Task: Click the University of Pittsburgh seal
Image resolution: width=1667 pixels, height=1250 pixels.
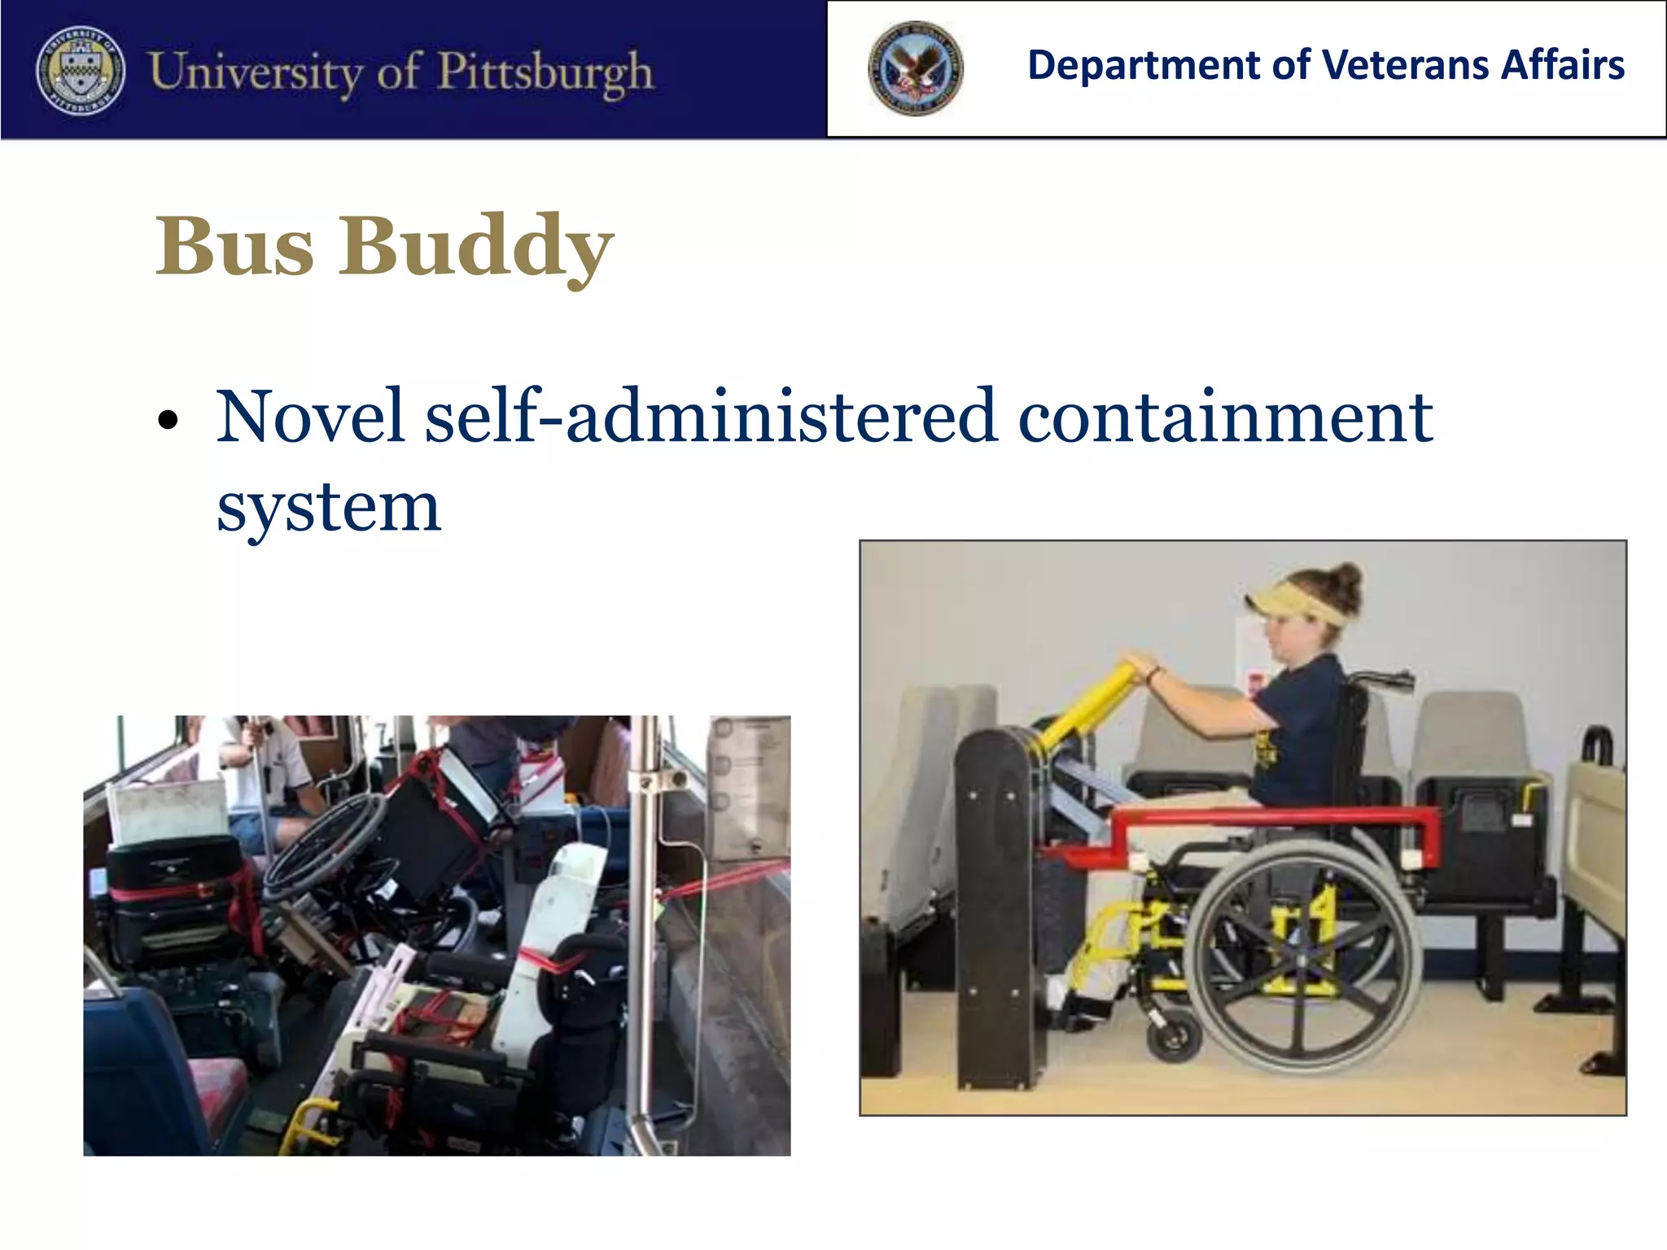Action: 81,70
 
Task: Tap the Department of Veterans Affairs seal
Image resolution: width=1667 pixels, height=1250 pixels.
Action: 915,68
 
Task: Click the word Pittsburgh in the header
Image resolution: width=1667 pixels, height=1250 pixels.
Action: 545,72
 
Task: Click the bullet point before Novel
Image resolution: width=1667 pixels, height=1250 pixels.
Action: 168,420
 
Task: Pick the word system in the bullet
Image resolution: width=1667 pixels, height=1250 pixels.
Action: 328,508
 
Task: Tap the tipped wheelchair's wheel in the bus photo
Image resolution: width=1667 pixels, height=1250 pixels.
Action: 326,846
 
